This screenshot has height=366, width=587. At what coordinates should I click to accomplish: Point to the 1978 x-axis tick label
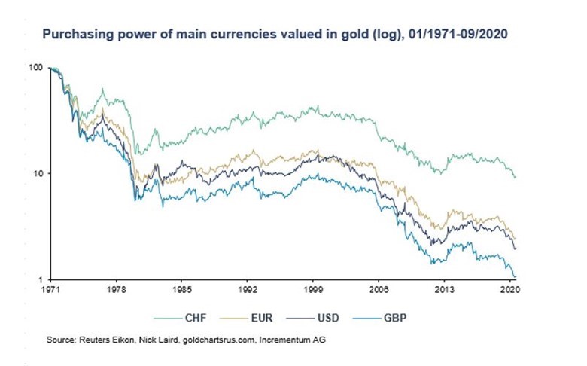pos(115,288)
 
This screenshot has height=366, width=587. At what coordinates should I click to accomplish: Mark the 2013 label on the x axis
pos(445,288)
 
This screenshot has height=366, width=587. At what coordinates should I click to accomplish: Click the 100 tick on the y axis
pos(35,68)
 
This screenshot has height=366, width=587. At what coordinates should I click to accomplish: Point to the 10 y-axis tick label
pos(38,173)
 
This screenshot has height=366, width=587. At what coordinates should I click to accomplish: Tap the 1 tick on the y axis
pos(40,279)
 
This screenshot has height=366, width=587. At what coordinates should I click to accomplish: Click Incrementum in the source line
pos(286,340)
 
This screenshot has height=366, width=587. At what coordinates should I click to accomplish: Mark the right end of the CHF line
pos(515,177)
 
